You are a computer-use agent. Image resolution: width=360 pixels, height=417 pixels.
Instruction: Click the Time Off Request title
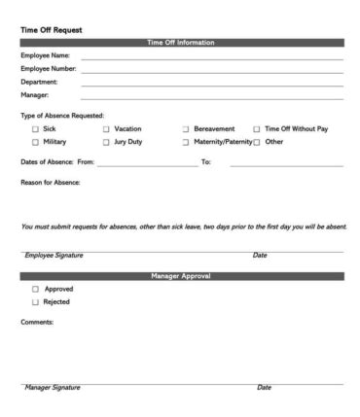[x=50, y=29]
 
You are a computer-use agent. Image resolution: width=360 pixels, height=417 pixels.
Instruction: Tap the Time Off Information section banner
[x=182, y=43]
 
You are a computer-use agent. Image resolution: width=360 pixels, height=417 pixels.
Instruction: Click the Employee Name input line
[x=211, y=58]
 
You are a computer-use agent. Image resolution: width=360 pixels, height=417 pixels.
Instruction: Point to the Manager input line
[x=211, y=98]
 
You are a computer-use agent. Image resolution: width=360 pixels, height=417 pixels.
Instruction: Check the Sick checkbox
[x=36, y=128]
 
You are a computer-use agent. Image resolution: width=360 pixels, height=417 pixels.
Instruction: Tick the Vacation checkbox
[x=107, y=128]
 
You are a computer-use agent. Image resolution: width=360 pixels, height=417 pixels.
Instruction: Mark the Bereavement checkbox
[x=185, y=128]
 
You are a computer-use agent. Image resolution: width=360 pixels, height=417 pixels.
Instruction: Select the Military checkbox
[x=36, y=142]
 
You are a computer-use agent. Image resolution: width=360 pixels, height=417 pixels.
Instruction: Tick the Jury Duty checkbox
[x=107, y=142]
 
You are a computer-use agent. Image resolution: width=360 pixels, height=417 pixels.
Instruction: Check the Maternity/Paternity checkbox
[x=185, y=142]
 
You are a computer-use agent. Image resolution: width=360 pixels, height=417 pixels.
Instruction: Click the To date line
[x=286, y=164]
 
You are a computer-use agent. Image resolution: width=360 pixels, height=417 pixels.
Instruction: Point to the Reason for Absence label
[x=50, y=182]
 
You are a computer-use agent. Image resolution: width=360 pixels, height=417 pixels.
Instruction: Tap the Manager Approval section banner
[x=182, y=277]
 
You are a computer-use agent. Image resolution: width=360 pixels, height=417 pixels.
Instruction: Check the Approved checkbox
[x=36, y=290]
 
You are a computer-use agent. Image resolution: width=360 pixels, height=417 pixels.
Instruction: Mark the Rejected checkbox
[x=36, y=302]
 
